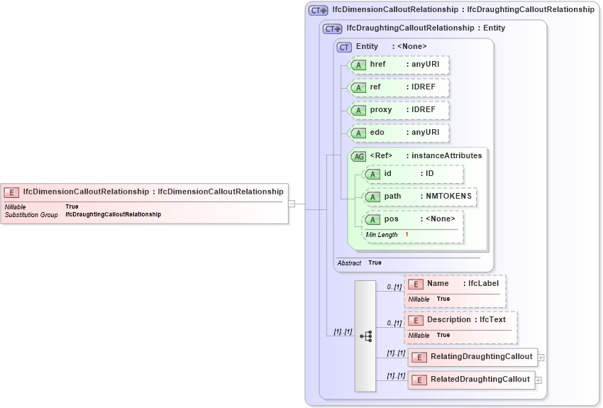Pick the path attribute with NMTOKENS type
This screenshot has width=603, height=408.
pos(419,197)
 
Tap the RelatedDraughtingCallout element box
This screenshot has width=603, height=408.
pos(471,380)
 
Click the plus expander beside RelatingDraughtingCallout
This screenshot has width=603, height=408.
pos(541,358)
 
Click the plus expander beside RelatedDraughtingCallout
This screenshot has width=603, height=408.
pos(538,380)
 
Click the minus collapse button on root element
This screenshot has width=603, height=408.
pos(291,204)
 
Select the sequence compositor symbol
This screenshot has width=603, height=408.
pos(365,336)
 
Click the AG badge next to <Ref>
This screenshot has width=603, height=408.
pos(358,156)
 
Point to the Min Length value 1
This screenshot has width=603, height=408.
pos(407,234)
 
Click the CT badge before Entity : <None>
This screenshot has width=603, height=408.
pos(344,47)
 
